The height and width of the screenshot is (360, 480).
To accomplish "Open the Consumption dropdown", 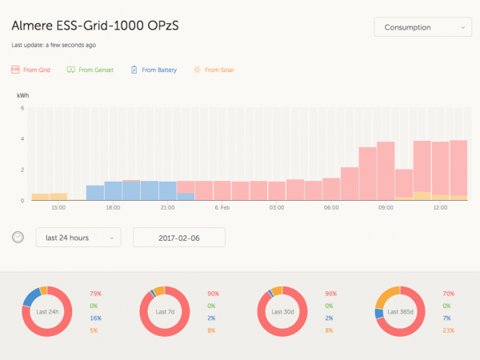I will pyautogui.click(x=421, y=27).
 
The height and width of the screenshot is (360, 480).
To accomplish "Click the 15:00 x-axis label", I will pyautogui.click(x=58, y=208).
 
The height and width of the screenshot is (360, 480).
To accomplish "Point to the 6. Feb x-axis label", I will pyautogui.click(x=222, y=208).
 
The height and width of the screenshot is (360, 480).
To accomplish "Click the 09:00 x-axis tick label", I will pyautogui.click(x=386, y=208).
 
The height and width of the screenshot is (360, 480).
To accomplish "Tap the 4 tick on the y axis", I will pyautogui.click(x=22, y=138).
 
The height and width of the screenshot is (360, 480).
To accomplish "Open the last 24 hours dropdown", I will pyautogui.click(x=78, y=238).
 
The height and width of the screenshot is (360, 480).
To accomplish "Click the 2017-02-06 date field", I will pyautogui.click(x=178, y=238).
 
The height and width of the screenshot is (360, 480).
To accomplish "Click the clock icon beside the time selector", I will pyautogui.click(x=18, y=238).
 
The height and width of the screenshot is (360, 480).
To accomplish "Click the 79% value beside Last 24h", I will pyautogui.click(x=96, y=294).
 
